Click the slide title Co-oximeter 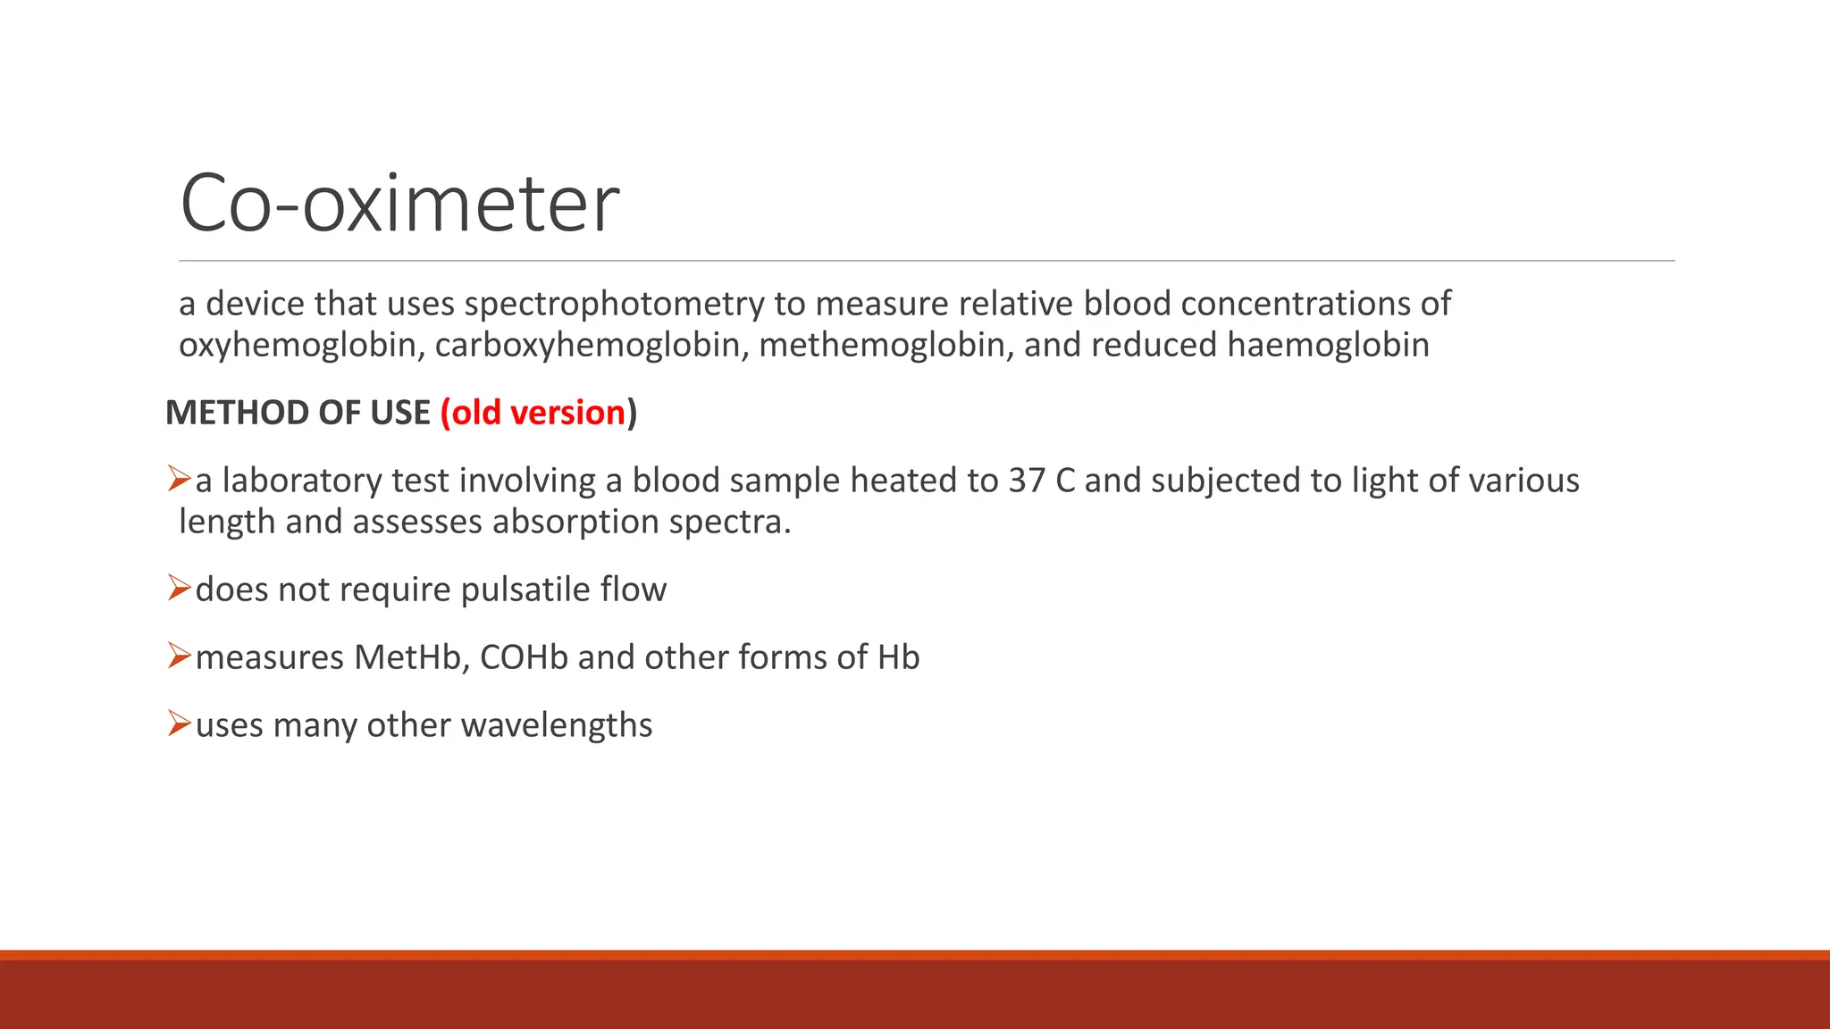[399, 204]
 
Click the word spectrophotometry [613, 305]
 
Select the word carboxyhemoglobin [592, 346]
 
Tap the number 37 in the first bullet [1027, 481]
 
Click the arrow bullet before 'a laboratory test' [179, 480]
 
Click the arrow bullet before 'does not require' [179, 589]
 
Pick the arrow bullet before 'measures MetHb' [179, 657]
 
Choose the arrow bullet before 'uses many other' [179, 724]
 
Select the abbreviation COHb [524, 657]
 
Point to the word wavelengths [557, 725]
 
